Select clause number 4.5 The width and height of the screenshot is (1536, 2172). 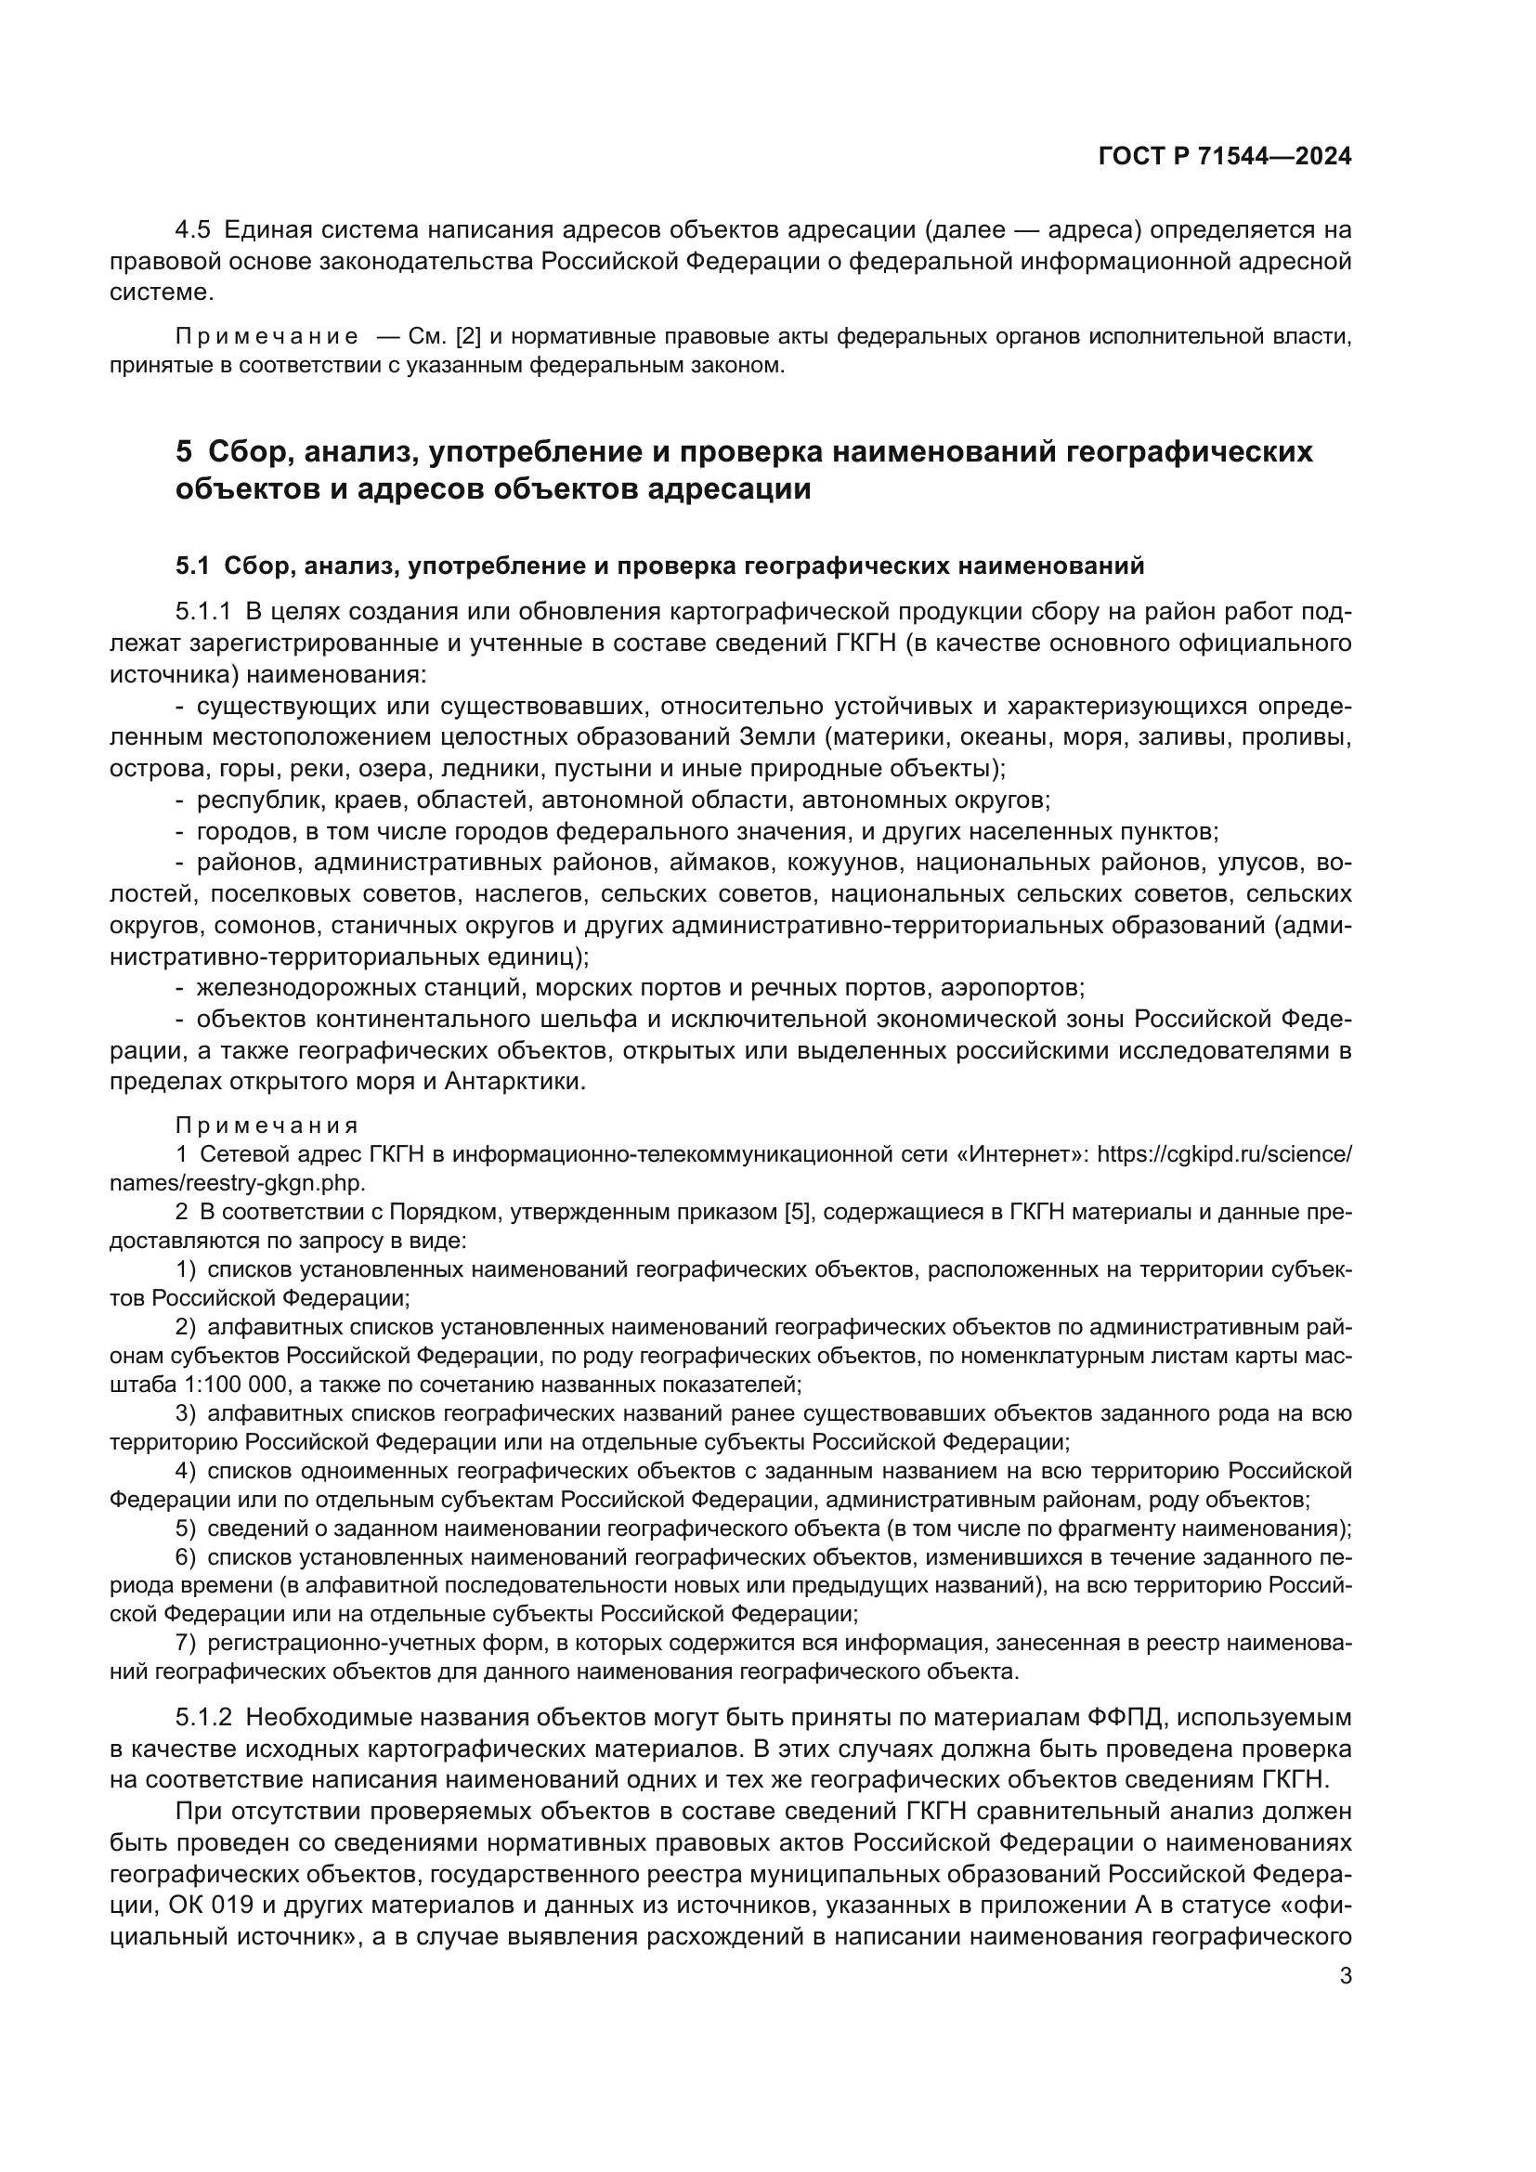tap(193, 230)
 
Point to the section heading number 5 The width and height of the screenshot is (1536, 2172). tap(184, 452)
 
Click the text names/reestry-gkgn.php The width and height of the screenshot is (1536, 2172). tap(238, 1182)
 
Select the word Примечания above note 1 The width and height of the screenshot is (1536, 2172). tap(267, 1125)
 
